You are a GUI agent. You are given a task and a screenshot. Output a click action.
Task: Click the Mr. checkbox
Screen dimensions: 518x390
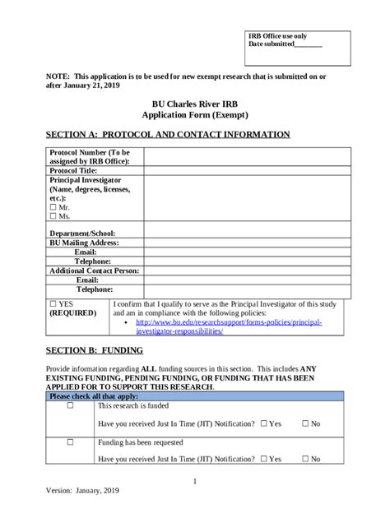[x=53, y=207]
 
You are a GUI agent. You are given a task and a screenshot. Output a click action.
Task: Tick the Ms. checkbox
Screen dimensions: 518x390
[x=53, y=216]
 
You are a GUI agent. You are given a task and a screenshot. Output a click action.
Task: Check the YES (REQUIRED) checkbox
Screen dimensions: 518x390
[x=53, y=303]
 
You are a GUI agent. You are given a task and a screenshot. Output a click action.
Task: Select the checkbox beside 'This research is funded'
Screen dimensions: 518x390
[x=70, y=406]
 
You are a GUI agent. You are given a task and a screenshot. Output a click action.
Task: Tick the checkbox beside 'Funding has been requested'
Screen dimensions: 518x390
[x=70, y=442]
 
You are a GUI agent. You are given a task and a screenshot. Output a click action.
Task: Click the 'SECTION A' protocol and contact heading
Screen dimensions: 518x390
[x=167, y=134]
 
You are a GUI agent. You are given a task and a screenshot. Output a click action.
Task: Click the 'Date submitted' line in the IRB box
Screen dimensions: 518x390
[x=285, y=45]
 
